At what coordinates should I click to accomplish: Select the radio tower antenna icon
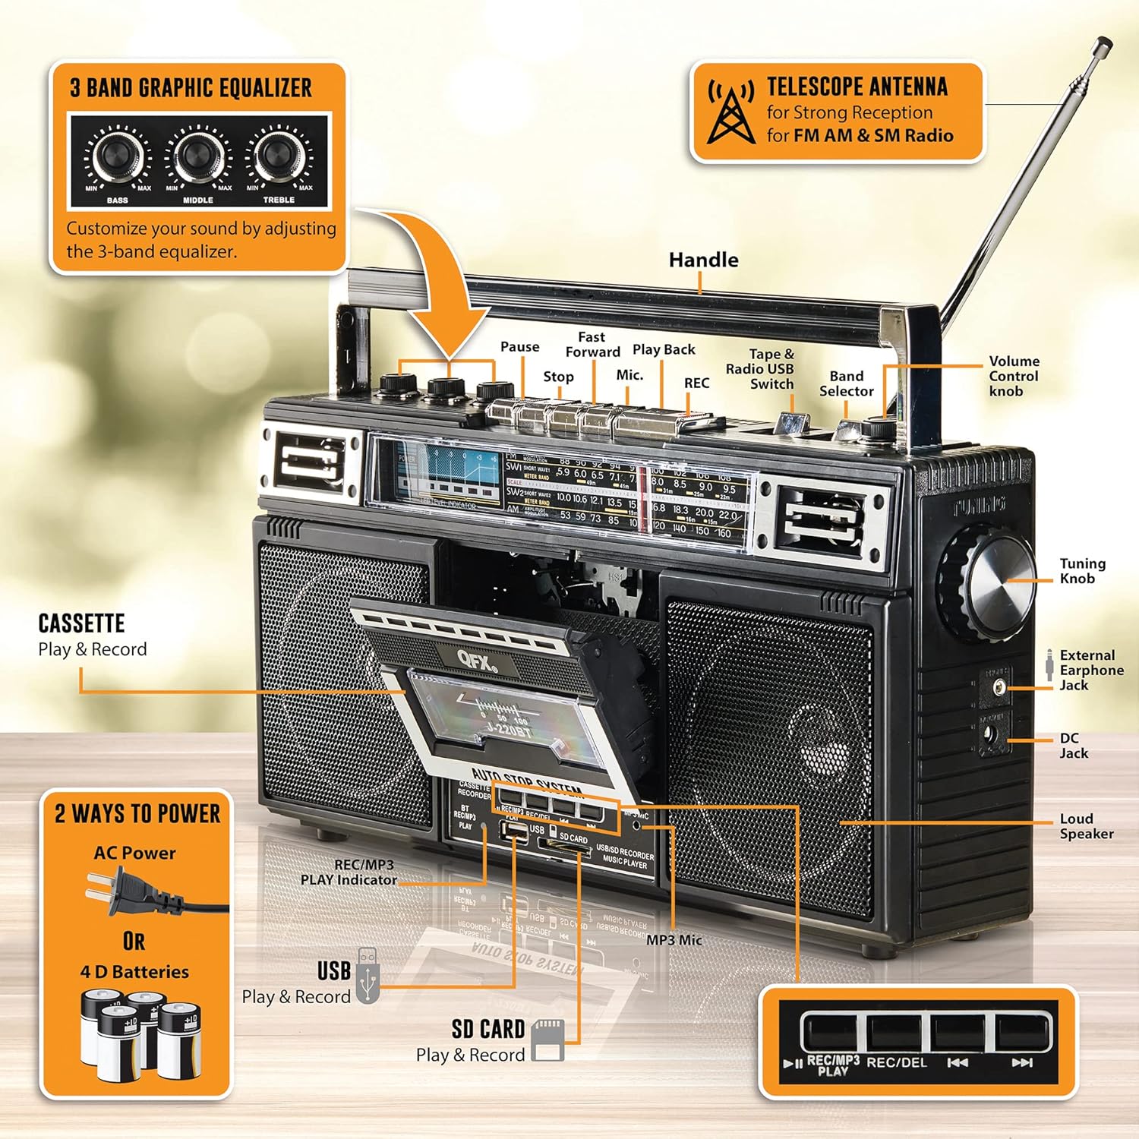coord(730,112)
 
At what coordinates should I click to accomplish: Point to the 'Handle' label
coord(703,260)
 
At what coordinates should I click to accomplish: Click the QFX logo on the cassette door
coord(476,658)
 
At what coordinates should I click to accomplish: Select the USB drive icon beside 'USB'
coord(368,976)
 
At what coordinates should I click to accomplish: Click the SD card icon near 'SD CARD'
coord(547,1040)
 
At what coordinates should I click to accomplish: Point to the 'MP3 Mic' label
coord(674,940)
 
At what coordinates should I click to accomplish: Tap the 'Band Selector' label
coord(846,383)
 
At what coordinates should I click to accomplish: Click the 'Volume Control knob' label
coord(1013,376)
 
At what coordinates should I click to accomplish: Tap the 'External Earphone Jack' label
coord(1091,670)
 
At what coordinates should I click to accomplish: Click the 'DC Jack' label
coord(1073,746)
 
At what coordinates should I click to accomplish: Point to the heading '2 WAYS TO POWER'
coord(137,813)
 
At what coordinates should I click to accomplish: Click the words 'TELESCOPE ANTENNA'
coord(857,87)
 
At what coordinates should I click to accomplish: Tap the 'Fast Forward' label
coord(592,344)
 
